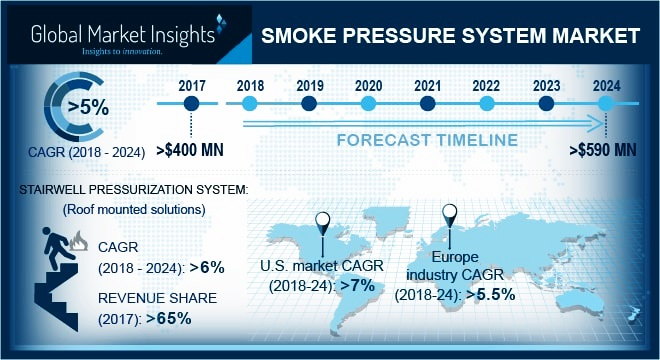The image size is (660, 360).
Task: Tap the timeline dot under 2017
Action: pos(192,103)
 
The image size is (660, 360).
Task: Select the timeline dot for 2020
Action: pos(368,103)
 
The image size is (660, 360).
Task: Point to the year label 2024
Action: pos(604,84)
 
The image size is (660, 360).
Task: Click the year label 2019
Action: pos(309,84)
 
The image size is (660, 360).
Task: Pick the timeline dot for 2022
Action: pos(486,103)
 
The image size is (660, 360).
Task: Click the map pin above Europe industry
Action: pos(451,214)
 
